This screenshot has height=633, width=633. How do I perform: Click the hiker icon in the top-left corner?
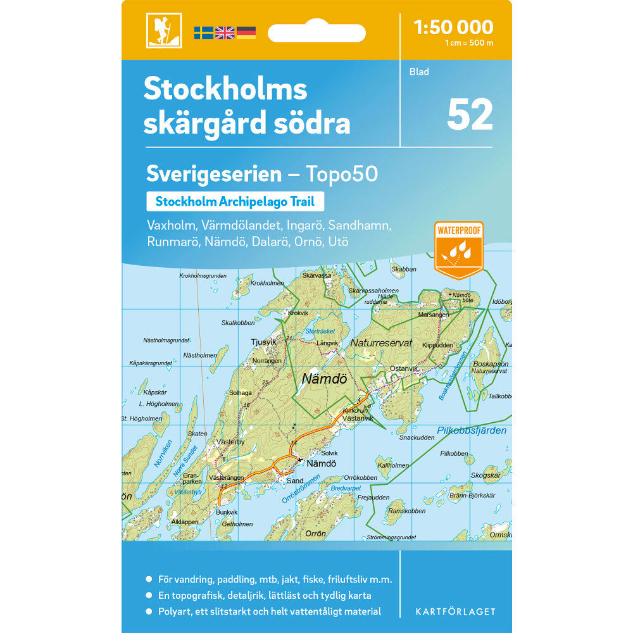[164, 30]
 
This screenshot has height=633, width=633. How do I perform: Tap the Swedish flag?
[203, 32]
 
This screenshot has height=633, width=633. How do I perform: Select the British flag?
[225, 32]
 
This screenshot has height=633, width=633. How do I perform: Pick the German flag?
[246, 32]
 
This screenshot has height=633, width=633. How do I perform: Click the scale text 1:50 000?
[453, 27]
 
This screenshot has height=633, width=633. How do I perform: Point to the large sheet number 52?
[470, 114]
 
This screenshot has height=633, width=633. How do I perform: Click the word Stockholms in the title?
[225, 89]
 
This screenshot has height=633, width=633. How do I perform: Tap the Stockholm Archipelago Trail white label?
[235, 202]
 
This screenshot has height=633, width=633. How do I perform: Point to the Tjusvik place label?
[264, 342]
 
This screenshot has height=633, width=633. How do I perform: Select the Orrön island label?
[315, 534]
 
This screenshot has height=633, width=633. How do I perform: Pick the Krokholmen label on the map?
[267, 283]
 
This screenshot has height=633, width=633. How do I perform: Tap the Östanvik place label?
[404, 368]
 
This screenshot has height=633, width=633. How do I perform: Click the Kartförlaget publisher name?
[455, 611]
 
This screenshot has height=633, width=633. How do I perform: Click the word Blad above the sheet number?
[419, 72]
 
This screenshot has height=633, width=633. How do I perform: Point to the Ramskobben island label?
[406, 511]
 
